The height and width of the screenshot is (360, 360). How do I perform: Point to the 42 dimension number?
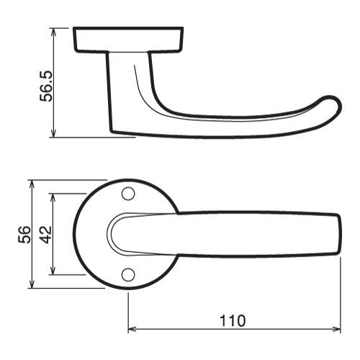click(x=44, y=234)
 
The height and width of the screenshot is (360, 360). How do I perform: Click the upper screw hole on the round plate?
click(x=128, y=193)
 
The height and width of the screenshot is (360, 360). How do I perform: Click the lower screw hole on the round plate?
click(x=128, y=274)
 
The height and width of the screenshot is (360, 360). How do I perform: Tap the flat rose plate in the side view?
click(x=127, y=40)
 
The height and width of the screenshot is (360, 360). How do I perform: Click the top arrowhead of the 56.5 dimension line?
click(x=54, y=31)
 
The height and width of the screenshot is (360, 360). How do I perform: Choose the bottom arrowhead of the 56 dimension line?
click(x=32, y=285)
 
